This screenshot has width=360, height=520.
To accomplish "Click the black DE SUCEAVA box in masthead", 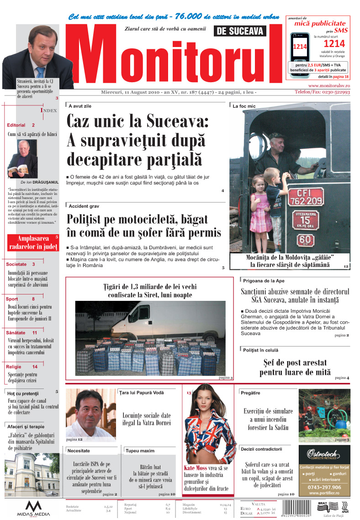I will click(239, 31).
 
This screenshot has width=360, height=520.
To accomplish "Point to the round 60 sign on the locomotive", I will click(306, 240).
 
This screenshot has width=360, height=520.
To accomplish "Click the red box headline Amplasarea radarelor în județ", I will click(33, 242).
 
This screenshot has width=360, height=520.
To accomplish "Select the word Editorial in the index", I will click(16, 125).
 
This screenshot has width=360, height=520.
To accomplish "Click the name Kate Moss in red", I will click(195, 468).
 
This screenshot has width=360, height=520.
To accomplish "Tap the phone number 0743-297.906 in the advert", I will click(325, 487).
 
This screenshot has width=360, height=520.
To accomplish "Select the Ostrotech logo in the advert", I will click(325, 455).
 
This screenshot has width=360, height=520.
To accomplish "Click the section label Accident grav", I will click(84, 206).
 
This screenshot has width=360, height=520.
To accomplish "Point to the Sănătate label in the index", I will click(16, 333).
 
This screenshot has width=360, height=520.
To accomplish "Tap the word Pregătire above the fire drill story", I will click(250, 393).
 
